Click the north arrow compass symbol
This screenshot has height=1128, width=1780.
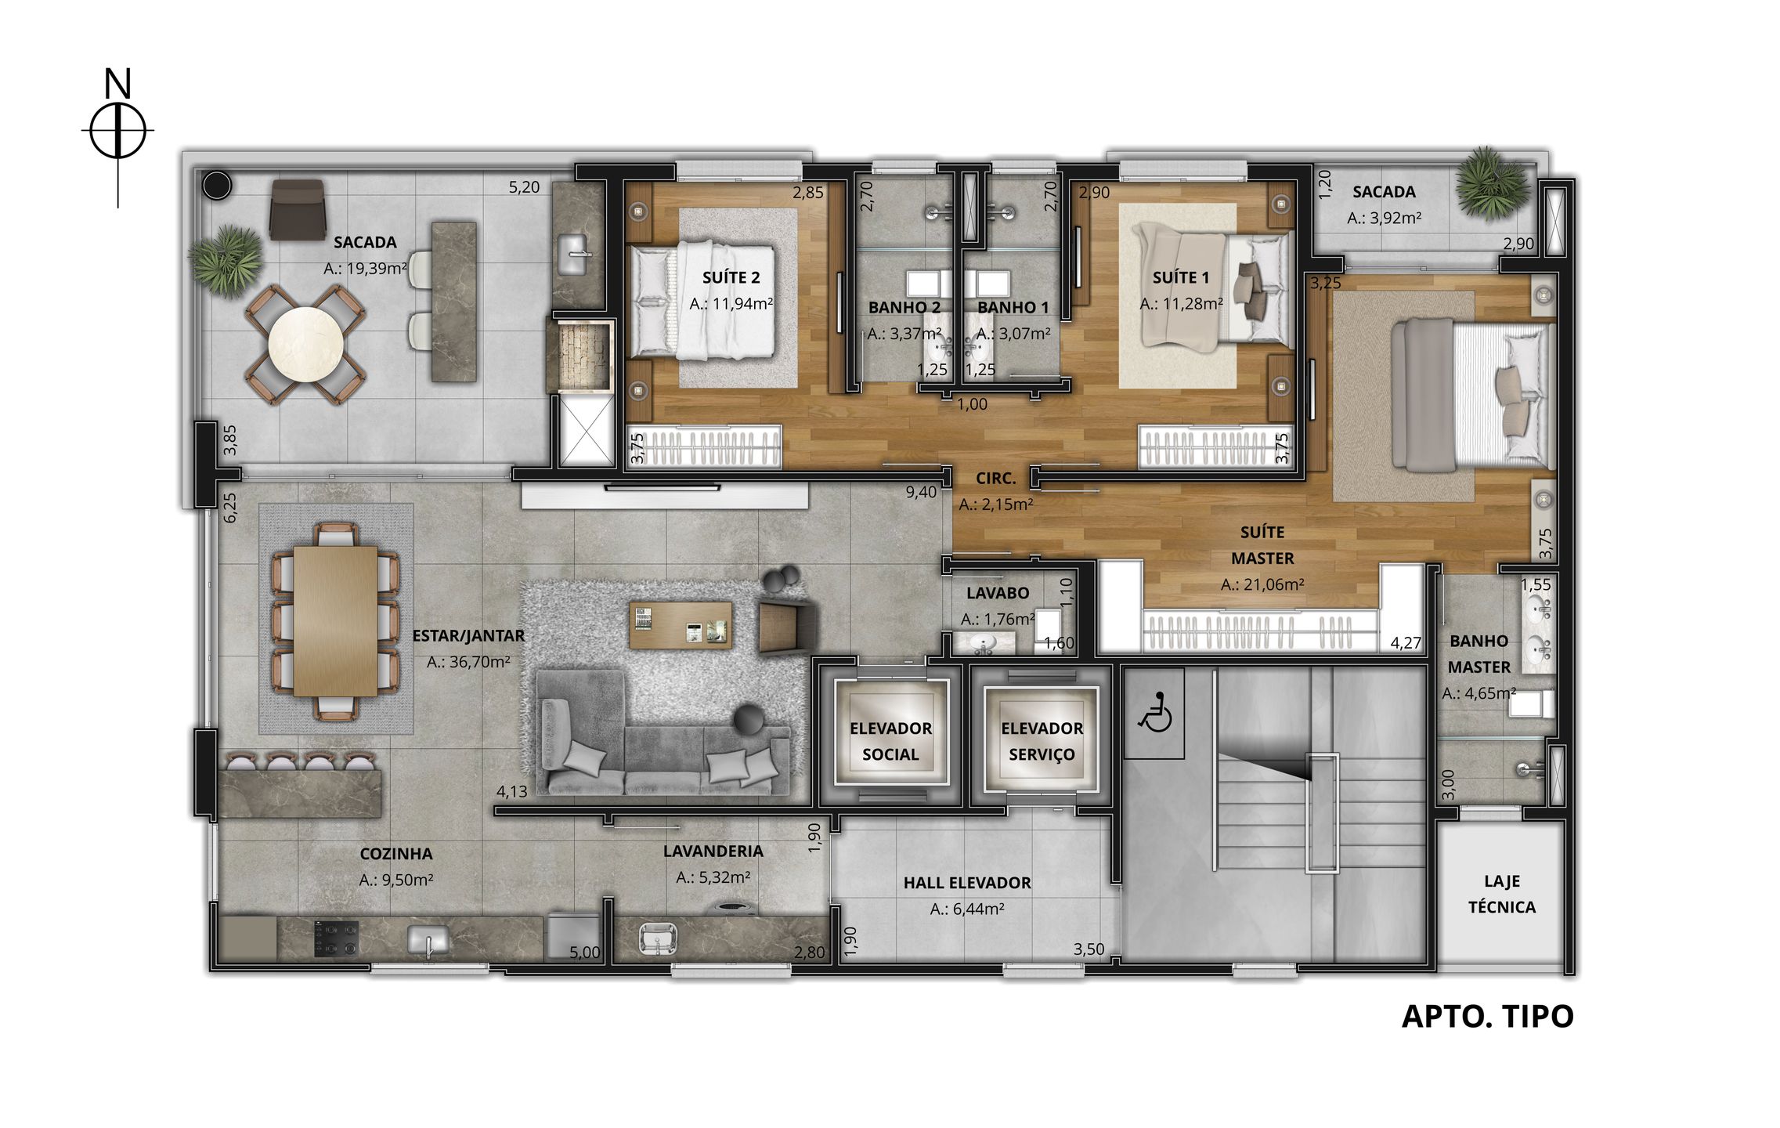point(117,131)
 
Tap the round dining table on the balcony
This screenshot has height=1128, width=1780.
point(305,345)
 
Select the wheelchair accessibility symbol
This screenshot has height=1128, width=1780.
point(1154,713)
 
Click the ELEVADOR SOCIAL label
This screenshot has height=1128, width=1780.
point(890,741)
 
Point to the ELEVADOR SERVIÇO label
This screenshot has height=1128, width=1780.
point(1042,741)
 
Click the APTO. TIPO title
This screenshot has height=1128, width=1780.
point(1487,1016)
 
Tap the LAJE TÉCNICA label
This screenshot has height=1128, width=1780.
point(1501,894)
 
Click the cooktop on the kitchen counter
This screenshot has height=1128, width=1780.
point(336,938)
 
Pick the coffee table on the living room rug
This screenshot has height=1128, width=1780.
point(681,624)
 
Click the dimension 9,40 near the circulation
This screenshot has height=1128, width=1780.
point(921,493)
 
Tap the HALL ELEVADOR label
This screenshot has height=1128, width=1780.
point(967,883)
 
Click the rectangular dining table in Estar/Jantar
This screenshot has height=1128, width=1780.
point(335,620)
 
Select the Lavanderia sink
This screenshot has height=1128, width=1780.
point(656,938)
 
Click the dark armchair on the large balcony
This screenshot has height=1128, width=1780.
point(297,209)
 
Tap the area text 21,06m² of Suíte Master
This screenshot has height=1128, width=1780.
point(1262,584)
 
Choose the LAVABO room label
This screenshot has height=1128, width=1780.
point(998,593)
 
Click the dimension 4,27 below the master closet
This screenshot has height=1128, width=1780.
point(1406,643)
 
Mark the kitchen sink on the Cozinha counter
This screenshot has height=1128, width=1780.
point(428,939)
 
